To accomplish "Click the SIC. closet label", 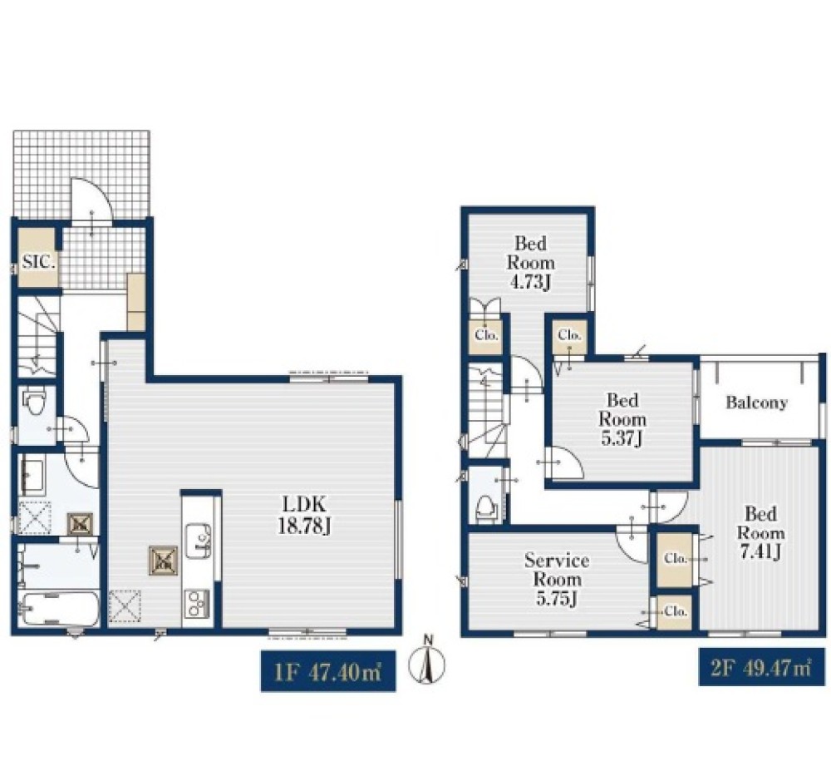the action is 39,261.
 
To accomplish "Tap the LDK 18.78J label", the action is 305,514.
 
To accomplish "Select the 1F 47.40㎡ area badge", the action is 328,670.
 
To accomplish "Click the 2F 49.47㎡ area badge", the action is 761,666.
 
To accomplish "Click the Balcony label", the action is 756,403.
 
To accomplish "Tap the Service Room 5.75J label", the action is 557,579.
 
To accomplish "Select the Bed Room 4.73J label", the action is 531,263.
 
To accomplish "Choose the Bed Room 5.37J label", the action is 622,419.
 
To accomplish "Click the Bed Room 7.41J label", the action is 760,533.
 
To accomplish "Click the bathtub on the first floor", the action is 59,609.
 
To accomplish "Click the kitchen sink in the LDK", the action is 198,541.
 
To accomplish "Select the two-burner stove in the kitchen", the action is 197,604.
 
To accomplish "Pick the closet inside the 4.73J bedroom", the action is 486,335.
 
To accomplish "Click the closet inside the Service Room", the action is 675,611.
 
